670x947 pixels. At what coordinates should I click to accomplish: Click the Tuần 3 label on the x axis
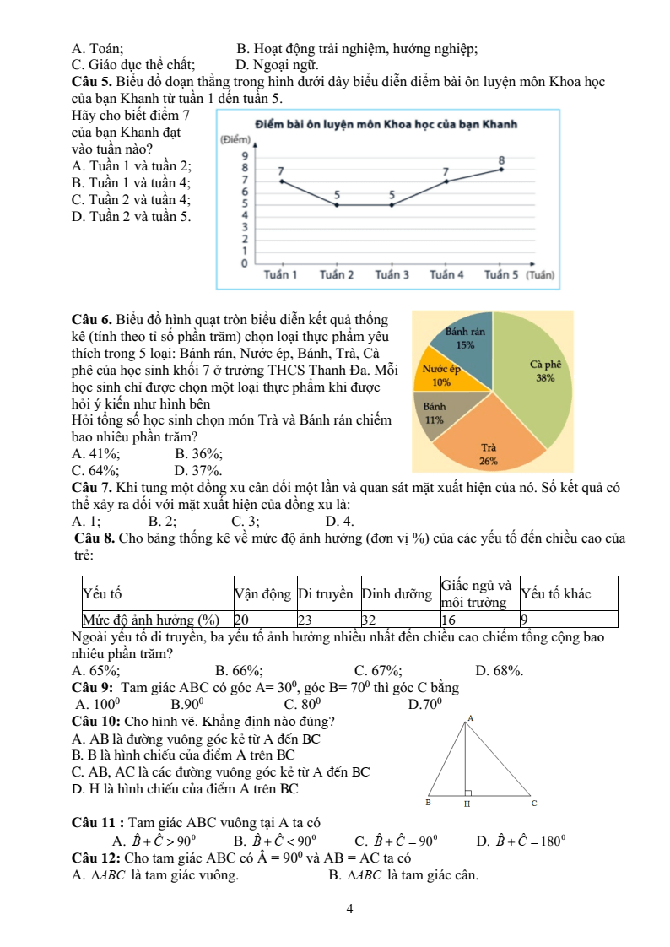(x=392, y=275)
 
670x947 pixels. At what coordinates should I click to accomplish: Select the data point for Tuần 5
(x=501, y=170)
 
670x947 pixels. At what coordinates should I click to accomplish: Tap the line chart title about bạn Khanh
(x=385, y=125)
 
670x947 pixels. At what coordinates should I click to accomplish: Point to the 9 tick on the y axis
(x=245, y=155)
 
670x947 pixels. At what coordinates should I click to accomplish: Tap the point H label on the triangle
(x=467, y=804)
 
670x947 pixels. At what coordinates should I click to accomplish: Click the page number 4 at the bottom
(x=349, y=909)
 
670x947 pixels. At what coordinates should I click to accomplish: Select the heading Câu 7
(x=93, y=487)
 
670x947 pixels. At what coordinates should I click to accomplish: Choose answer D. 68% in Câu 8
(x=500, y=671)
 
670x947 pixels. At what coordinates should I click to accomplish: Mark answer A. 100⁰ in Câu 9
(x=98, y=703)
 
